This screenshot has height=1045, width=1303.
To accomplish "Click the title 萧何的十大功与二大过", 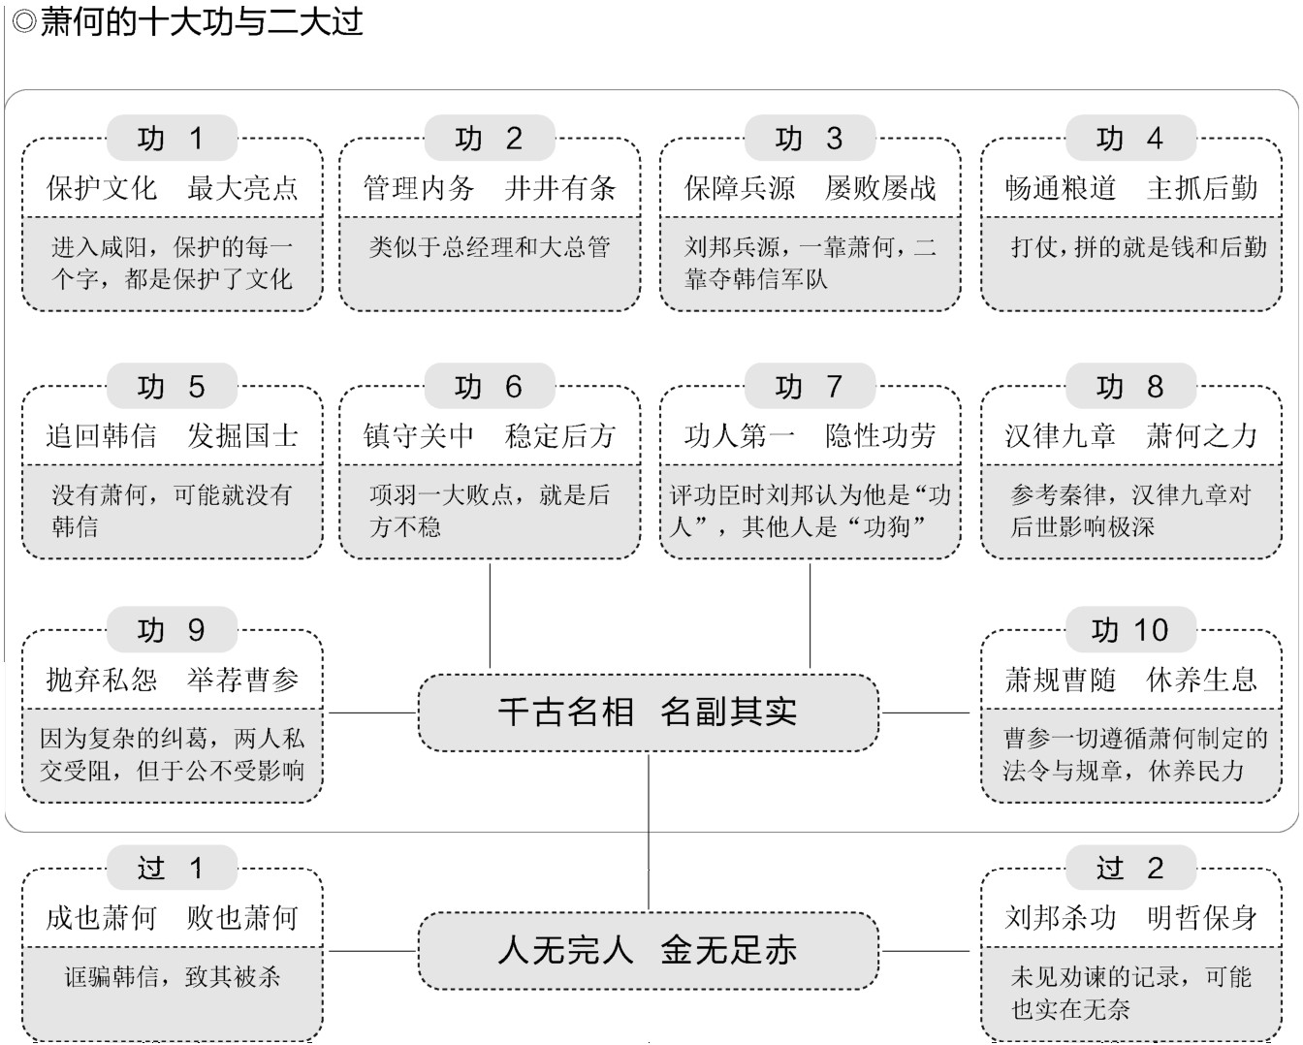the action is (201, 21).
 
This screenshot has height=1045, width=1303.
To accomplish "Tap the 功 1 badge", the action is (172, 138).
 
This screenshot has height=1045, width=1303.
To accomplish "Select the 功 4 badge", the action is (1130, 138).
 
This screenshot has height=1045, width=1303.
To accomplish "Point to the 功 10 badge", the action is (1130, 630).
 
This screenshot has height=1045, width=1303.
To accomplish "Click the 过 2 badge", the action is (1130, 868).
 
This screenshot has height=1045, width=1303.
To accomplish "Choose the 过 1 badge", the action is (172, 868).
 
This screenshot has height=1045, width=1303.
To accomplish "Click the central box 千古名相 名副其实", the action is (648, 712).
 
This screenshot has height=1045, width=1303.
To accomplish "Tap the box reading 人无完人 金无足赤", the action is (648, 951).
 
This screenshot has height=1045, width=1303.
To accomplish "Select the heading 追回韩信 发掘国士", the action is (172, 436).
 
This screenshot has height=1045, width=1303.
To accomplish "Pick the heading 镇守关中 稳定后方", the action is (490, 436).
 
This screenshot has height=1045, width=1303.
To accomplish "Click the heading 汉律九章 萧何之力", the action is (1130, 436).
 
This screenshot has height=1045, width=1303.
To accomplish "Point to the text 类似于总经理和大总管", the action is (490, 247).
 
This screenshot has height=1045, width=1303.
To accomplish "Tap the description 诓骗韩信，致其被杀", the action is (172, 976).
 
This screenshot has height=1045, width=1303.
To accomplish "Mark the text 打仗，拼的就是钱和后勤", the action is (1138, 247).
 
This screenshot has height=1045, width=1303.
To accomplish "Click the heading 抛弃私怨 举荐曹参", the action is (172, 680).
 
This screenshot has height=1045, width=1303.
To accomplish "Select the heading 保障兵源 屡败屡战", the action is (810, 188).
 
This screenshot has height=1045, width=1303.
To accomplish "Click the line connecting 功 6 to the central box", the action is (490, 616).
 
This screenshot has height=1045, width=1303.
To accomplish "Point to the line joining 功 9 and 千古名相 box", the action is (371, 712).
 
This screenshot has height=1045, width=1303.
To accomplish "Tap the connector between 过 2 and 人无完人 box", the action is (926, 951).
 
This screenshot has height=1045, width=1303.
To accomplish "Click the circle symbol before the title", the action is (23, 22).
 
